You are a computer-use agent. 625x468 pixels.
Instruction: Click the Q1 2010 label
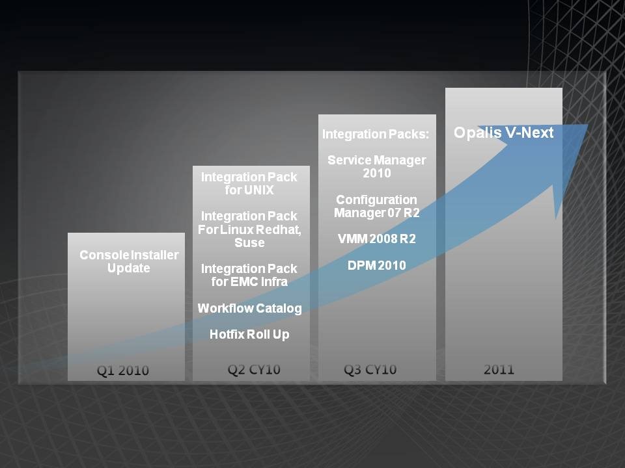click(123, 370)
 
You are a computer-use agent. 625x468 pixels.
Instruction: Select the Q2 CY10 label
click(254, 370)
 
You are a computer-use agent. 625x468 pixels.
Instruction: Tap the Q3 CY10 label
click(370, 370)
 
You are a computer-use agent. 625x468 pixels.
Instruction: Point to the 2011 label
click(499, 370)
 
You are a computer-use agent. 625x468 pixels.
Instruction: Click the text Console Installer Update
click(129, 261)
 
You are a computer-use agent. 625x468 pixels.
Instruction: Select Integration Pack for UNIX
click(249, 183)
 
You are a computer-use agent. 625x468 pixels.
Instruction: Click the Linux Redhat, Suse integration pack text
click(249, 229)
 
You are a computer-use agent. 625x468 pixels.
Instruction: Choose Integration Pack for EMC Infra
click(249, 275)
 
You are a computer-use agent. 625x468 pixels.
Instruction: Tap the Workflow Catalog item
click(249, 308)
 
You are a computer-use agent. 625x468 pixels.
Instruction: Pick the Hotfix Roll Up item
click(249, 335)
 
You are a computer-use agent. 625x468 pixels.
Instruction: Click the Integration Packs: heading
click(376, 135)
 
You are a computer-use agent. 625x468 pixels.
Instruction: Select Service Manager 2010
click(377, 167)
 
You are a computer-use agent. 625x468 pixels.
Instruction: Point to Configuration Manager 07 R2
click(377, 206)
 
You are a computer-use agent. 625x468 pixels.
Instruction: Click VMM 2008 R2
click(377, 239)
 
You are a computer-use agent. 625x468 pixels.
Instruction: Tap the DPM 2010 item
click(377, 265)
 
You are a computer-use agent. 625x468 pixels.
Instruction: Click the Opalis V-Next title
click(503, 133)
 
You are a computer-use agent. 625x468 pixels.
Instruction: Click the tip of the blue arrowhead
click(588, 125)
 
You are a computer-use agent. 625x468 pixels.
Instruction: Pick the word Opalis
click(477, 133)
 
